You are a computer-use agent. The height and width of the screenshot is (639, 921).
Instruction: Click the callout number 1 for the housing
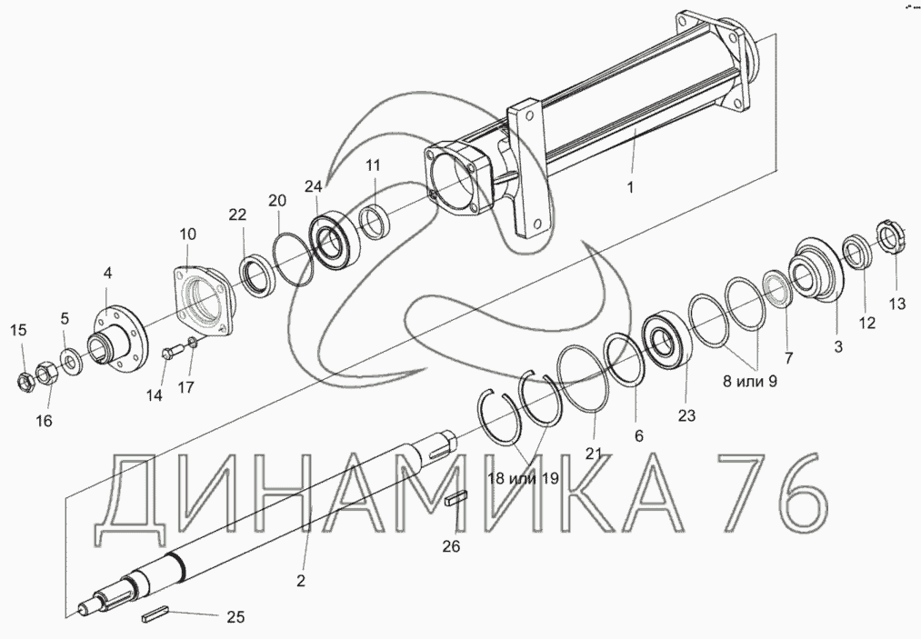pyautogui.click(x=630, y=188)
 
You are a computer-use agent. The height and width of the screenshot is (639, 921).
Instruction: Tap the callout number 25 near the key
pyautogui.click(x=235, y=617)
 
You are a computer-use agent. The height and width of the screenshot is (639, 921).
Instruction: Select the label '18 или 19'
pyautogui.click(x=523, y=478)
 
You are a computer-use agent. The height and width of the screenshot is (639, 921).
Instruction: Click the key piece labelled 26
pyautogui.click(x=456, y=499)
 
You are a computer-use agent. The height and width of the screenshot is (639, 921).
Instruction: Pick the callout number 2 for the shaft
pyautogui.click(x=301, y=581)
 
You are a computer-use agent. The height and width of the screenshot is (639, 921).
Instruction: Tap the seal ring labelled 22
pyautogui.click(x=256, y=274)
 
